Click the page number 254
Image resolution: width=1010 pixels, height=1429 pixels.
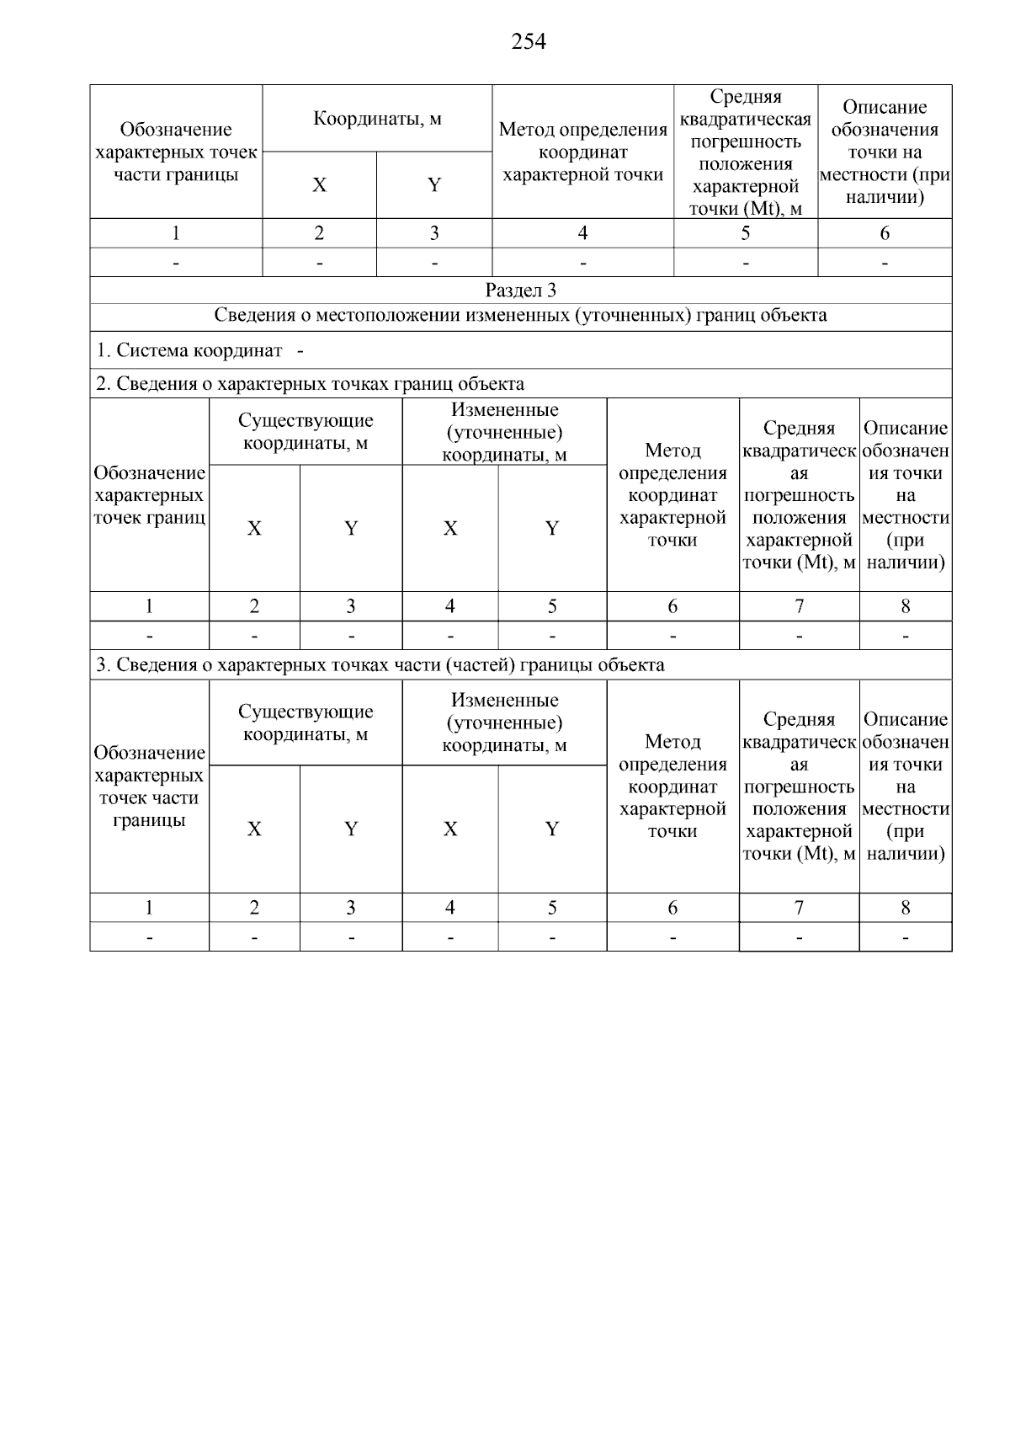tap(529, 41)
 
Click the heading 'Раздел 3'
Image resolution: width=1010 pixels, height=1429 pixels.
tap(521, 291)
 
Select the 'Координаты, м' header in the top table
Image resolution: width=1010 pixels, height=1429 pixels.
tap(377, 119)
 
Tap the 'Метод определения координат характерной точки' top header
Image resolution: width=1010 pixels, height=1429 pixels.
tap(582, 152)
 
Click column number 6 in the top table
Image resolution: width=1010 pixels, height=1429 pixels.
tap(885, 233)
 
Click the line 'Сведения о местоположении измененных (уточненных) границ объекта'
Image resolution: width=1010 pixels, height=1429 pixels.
tap(520, 316)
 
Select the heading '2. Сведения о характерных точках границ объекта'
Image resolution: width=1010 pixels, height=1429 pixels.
tap(311, 384)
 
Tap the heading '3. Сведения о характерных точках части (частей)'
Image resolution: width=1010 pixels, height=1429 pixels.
tap(380, 665)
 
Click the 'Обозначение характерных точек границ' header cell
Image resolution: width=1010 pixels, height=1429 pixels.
tap(149, 495)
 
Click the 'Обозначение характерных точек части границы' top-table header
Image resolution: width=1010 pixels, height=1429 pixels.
tap(176, 152)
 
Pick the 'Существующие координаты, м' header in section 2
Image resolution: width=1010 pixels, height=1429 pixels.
tap(306, 432)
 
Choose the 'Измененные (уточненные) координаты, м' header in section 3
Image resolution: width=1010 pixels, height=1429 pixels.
tap(504, 722)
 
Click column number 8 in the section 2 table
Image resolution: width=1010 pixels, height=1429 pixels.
tap(906, 606)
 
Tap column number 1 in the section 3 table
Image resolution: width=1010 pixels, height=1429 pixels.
tap(149, 908)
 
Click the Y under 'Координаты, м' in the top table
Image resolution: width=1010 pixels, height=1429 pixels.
tap(434, 185)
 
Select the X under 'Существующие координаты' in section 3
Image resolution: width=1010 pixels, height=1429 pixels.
tap(254, 829)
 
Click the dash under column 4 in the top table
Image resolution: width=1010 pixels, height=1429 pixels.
tap(582, 263)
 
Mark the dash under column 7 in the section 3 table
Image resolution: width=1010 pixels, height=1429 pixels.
tap(799, 937)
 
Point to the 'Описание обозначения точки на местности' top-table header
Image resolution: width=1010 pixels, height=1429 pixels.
tap(885, 152)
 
